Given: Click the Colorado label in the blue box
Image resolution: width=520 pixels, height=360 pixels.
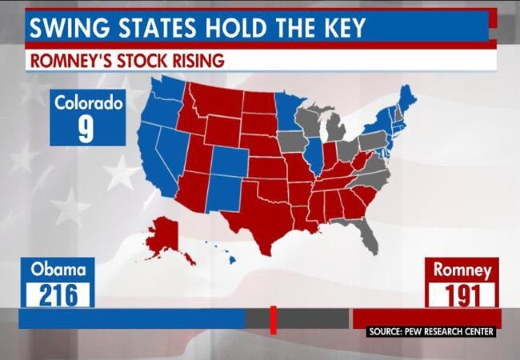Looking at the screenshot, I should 87,102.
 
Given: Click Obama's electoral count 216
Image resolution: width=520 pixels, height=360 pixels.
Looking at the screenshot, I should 58,295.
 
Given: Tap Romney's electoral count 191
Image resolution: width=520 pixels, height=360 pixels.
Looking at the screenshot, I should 463,295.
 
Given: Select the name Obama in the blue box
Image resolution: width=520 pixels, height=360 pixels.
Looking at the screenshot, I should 58,270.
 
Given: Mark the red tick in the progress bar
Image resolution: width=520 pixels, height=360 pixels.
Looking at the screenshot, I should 273,319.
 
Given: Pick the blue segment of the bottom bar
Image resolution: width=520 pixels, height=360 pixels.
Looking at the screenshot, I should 132,319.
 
